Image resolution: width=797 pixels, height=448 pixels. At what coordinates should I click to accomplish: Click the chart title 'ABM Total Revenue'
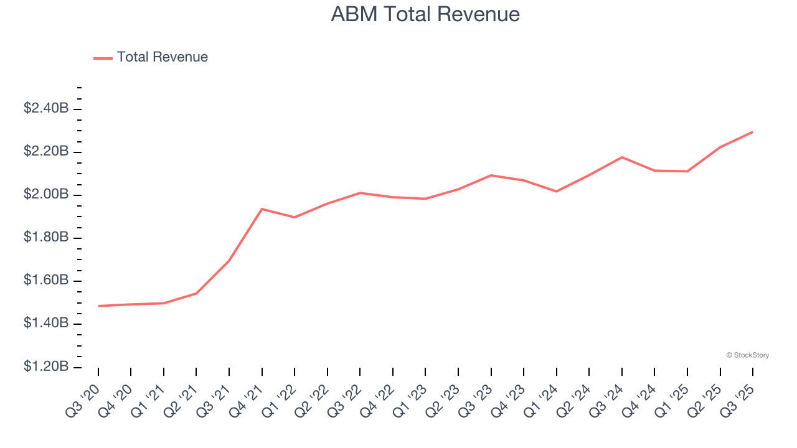point(425,14)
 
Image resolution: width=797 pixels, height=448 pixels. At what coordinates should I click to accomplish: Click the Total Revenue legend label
point(162,57)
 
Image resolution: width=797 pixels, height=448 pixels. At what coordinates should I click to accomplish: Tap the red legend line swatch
point(103,58)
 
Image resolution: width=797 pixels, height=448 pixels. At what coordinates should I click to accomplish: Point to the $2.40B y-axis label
point(46,108)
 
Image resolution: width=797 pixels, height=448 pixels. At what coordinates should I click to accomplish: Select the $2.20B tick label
point(46,151)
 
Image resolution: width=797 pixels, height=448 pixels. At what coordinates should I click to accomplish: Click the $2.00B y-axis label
point(46,194)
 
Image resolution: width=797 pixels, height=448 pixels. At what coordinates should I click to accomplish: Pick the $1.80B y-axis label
point(46,237)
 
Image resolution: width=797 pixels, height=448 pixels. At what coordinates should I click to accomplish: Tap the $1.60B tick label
point(46,280)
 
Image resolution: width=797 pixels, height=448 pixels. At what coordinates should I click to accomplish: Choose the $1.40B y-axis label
point(46,323)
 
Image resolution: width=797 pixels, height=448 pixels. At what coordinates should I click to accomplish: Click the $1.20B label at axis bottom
point(46,366)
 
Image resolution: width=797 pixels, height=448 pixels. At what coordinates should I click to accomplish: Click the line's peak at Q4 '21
point(262,209)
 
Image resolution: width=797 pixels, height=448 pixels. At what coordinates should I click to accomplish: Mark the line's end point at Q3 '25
point(753,132)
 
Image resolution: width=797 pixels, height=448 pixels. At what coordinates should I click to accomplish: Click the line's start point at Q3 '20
point(98,306)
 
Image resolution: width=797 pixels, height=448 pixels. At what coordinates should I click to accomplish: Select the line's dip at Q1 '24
point(556,191)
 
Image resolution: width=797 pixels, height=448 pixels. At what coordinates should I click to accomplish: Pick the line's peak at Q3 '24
point(621,157)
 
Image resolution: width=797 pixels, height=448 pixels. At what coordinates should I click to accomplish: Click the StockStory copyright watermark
point(747,355)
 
